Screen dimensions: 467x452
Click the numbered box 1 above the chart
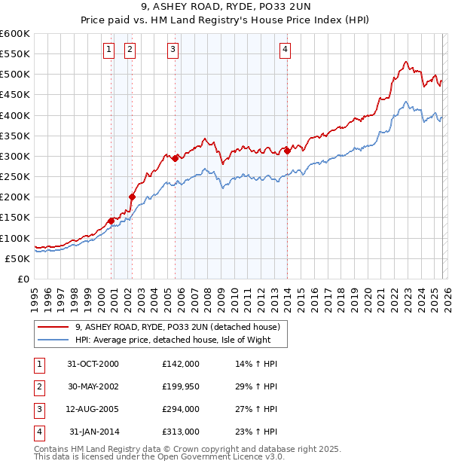109,50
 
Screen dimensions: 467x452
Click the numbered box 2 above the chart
130,50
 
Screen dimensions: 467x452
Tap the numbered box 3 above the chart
173,50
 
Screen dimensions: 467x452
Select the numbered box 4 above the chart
286,50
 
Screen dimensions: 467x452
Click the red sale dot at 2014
288,151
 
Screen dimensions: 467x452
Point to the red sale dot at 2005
175,158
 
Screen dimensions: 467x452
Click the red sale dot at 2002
132,197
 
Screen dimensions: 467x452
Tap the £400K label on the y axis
15,115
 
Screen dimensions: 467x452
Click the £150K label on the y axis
15,217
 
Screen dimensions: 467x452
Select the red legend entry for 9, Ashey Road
178,327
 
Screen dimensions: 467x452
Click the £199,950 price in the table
181,386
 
